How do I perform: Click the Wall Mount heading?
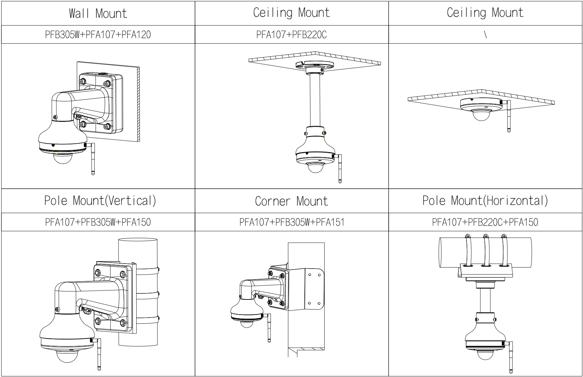(98, 13)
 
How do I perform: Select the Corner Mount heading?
(291, 201)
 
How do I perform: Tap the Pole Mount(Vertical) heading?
(100, 201)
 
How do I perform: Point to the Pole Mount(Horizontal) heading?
(485, 201)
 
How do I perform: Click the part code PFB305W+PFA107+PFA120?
(98, 35)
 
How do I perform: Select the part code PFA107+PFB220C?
(291, 35)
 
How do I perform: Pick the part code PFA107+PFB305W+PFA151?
(292, 222)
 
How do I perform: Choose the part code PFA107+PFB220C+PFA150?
(485, 222)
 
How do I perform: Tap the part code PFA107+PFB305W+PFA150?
(98, 222)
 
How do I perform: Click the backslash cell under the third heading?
(485, 35)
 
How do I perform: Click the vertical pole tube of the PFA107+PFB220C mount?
(314, 101)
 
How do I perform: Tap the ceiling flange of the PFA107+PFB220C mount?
(314, 65)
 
